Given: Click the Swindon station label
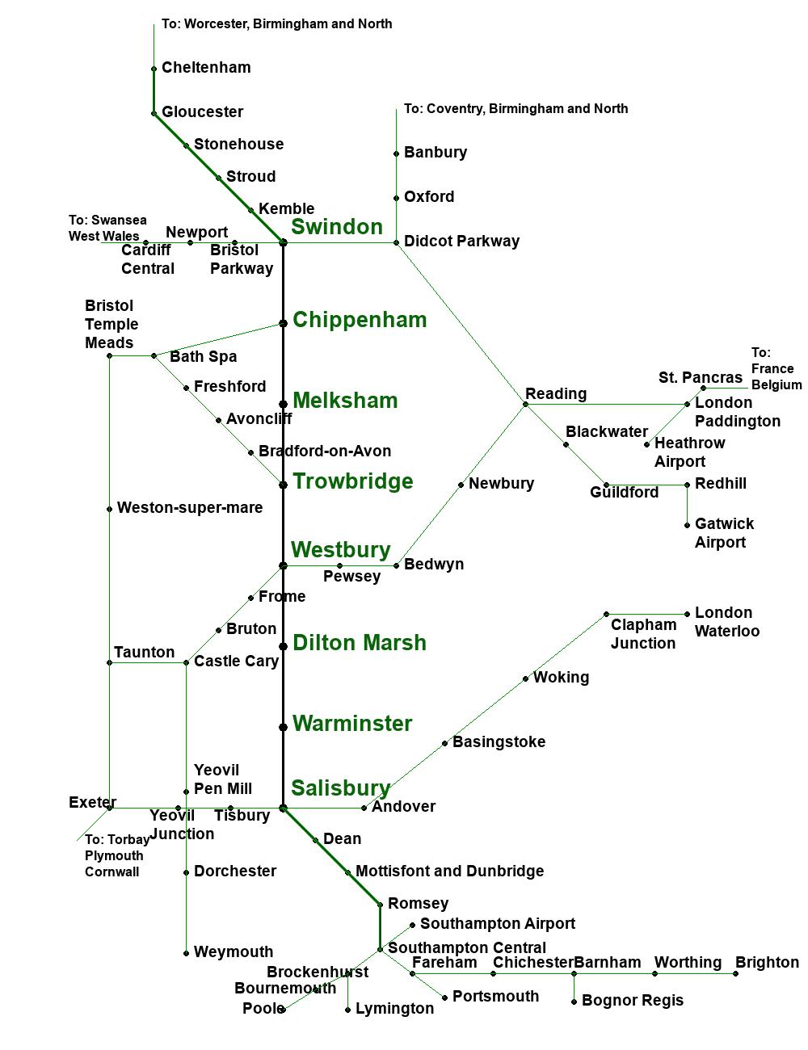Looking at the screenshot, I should point(337,227).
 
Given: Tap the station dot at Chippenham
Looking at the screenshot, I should point(283,323).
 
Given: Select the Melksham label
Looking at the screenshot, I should point(345,401).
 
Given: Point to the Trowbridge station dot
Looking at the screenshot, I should point(283,485).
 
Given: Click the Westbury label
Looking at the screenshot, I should point(340,550).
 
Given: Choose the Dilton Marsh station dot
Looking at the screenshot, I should point(283,646).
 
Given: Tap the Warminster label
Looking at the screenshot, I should point(352,724).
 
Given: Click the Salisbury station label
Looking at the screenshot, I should point(340,788).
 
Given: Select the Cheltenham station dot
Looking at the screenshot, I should point(154,69).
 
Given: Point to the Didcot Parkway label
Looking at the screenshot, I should point(461,241).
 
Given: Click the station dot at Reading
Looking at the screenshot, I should point(525,404).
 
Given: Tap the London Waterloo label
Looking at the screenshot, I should point(726,622).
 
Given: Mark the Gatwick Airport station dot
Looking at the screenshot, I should point(687,525).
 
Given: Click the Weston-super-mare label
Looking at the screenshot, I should point(190,507).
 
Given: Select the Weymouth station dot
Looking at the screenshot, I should point(186,953).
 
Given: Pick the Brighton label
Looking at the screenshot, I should point(767,962).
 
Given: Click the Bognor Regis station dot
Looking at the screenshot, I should point(574,1002).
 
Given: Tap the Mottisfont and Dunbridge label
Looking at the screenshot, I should point(449,871).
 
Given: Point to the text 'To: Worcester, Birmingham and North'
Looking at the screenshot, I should point(276,23).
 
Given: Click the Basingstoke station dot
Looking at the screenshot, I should point(444,743).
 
